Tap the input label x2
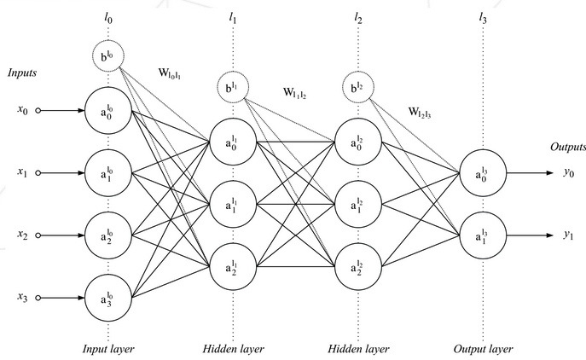(22, 235)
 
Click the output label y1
(568, 235)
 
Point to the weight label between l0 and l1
(170, 73)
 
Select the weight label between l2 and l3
(420, 112)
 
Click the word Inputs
(22, 73)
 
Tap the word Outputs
(568, 147)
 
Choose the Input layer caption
(108, 349)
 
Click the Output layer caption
(484, 349)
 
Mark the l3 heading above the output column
(483, 18)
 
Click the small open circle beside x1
(38, 173)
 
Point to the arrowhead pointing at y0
(550, 173)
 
